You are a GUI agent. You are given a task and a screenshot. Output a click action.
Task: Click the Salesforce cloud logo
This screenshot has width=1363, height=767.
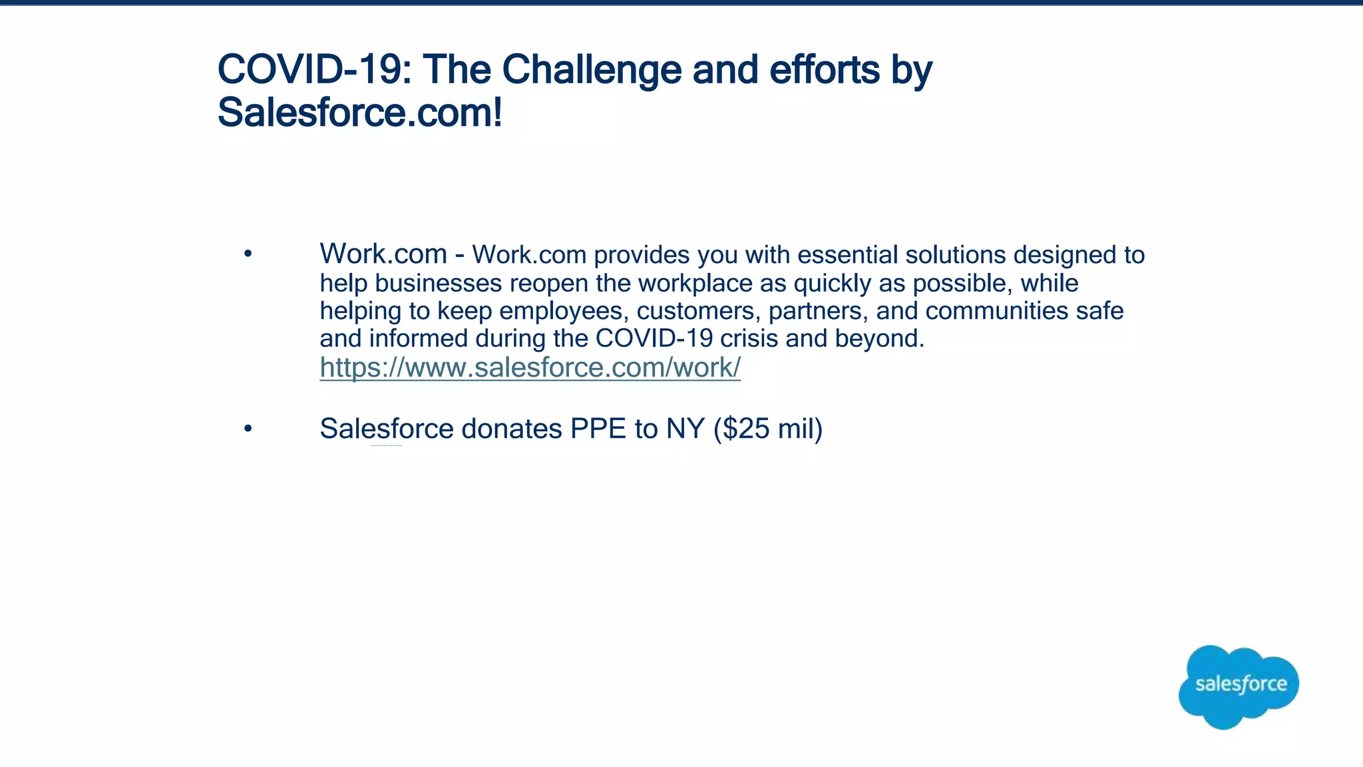(x=1239, y=686)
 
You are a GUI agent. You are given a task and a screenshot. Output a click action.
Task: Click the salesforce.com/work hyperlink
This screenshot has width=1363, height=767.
(x=530, y=368)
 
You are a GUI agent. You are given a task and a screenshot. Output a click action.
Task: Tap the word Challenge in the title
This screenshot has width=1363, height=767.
(x=592, y=70)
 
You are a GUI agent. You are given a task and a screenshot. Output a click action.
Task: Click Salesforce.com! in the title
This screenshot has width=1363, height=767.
(x=360, y=113)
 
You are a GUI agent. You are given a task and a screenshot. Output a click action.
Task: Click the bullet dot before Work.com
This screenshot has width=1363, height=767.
(x=248, y=254)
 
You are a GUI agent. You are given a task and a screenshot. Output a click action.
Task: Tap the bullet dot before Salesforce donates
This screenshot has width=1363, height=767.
(x=248, y=429)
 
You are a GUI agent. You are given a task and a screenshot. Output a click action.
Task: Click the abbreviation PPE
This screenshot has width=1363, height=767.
(x=598, y=429)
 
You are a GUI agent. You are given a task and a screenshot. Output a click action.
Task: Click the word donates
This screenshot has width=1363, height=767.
(x=511, y=429)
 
